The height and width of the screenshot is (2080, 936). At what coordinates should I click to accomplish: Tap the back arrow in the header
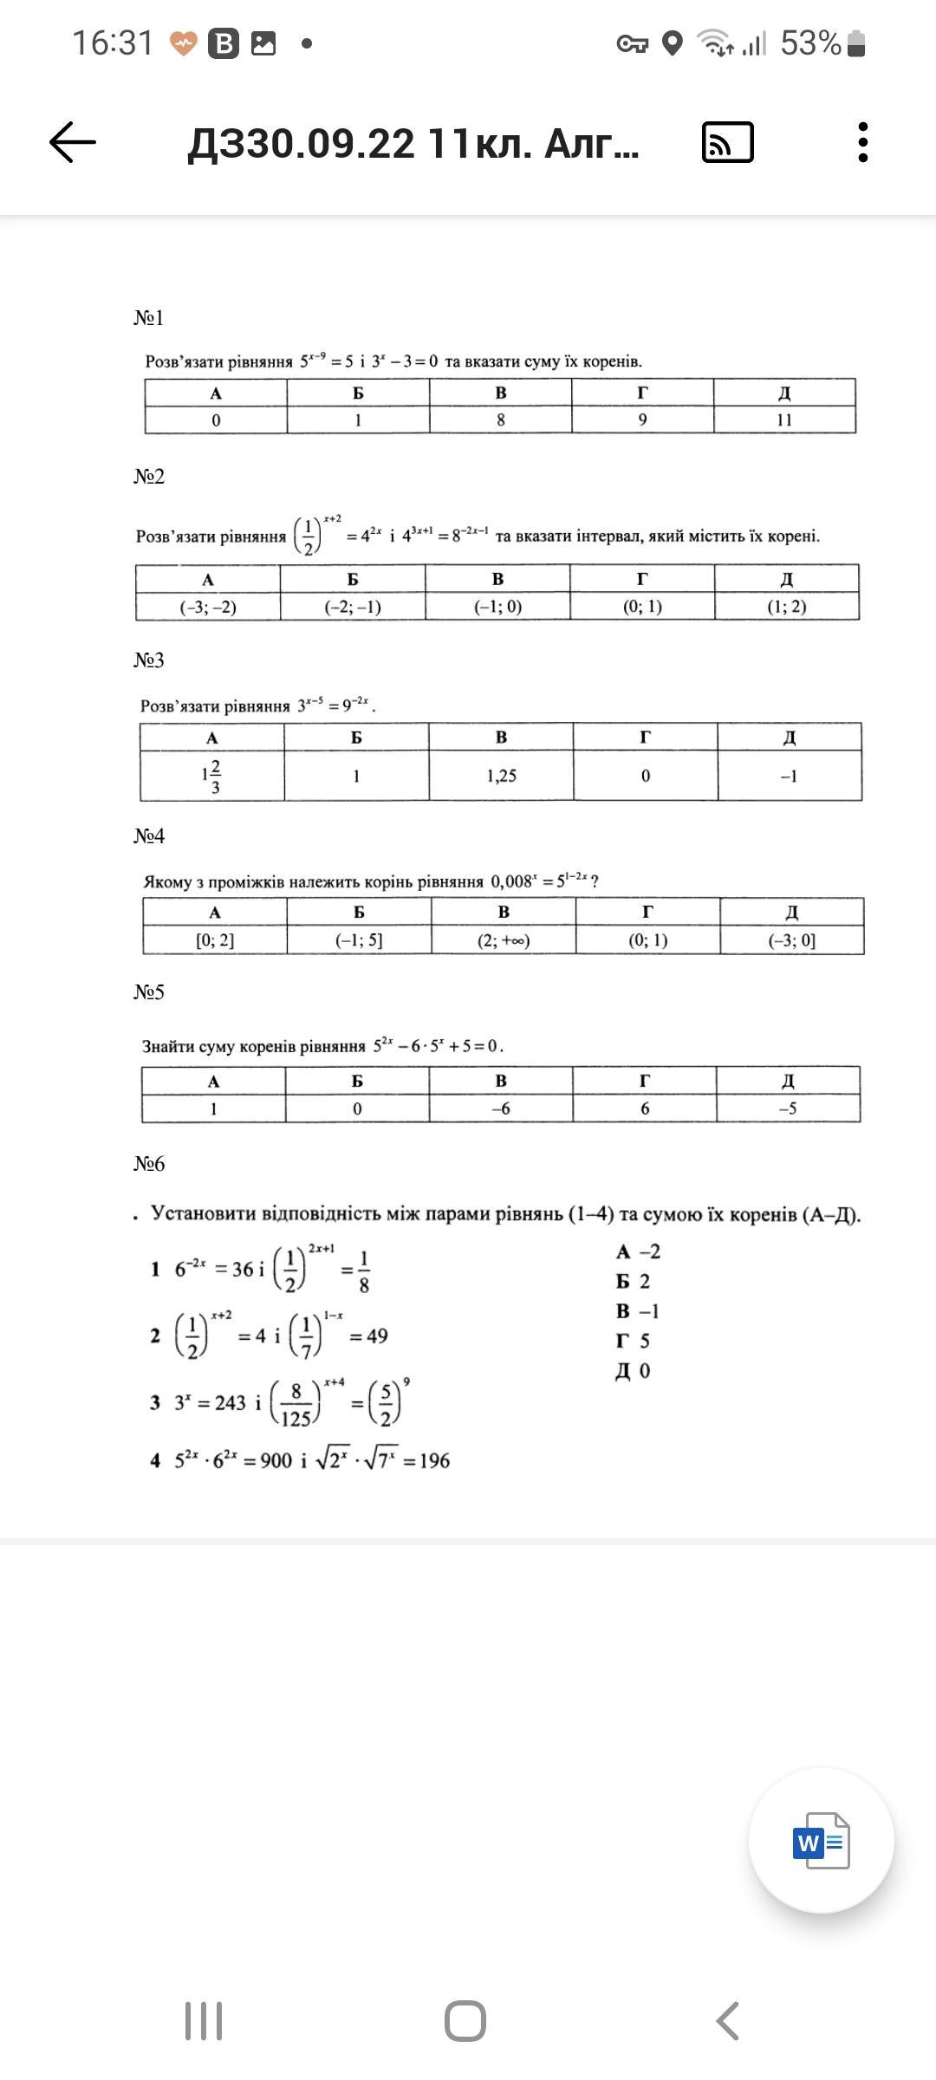coord(73,142)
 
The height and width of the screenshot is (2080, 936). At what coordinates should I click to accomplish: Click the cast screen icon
coord(727,143)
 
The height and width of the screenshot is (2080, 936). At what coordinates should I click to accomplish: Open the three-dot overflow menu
coord(862,142)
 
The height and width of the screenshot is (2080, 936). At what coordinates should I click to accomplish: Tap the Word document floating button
coord(821,1840)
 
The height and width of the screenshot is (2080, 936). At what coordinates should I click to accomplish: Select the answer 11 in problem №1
coord(784,420)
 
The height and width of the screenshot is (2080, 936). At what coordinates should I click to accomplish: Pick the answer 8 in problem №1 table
coord(500,420)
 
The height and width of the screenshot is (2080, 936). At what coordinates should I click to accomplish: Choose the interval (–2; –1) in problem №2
coord(353,607)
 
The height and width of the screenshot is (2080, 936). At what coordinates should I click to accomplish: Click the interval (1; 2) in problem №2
coord(786,607)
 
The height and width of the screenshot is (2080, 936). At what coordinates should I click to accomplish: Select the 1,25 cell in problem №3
coord(501,776)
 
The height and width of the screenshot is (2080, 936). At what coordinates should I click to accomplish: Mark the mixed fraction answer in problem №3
coord(211,776)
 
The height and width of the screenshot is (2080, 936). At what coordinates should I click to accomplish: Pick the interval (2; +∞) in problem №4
coord(503,940)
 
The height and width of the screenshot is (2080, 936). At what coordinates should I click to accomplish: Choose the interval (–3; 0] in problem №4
coord(791,940)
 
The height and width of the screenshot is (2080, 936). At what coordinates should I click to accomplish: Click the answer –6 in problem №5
coord(500,1108)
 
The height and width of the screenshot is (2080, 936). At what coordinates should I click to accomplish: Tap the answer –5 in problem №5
coord(787,1108)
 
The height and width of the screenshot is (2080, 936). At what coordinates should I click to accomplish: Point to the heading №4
coord(149,835)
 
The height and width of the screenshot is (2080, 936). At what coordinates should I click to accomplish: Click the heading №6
coord(149,1163)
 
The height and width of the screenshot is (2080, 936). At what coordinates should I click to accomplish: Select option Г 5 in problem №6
coord(634,1341)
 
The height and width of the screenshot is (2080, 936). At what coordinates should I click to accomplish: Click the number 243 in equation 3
coord(230,1402)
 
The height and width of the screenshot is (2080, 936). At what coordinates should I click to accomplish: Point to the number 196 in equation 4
coord(434,1460)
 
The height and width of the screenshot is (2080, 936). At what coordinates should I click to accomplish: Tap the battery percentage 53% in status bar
coord(810,42)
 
